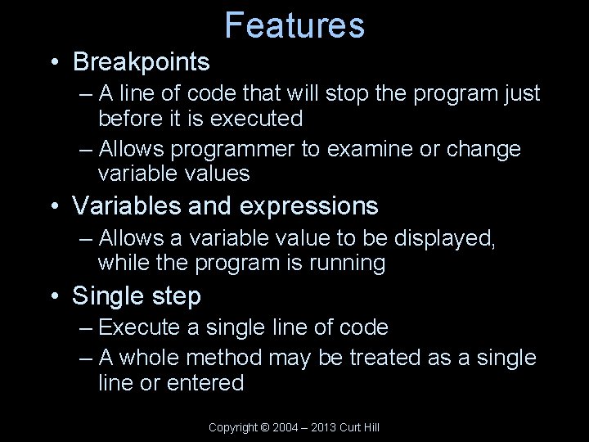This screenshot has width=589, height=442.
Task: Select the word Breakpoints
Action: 141,61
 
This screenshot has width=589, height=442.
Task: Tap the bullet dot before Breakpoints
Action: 53,61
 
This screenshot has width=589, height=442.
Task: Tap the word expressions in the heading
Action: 309,206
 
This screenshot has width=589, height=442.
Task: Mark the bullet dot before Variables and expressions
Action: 53,206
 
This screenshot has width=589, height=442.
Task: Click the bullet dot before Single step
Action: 53,295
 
